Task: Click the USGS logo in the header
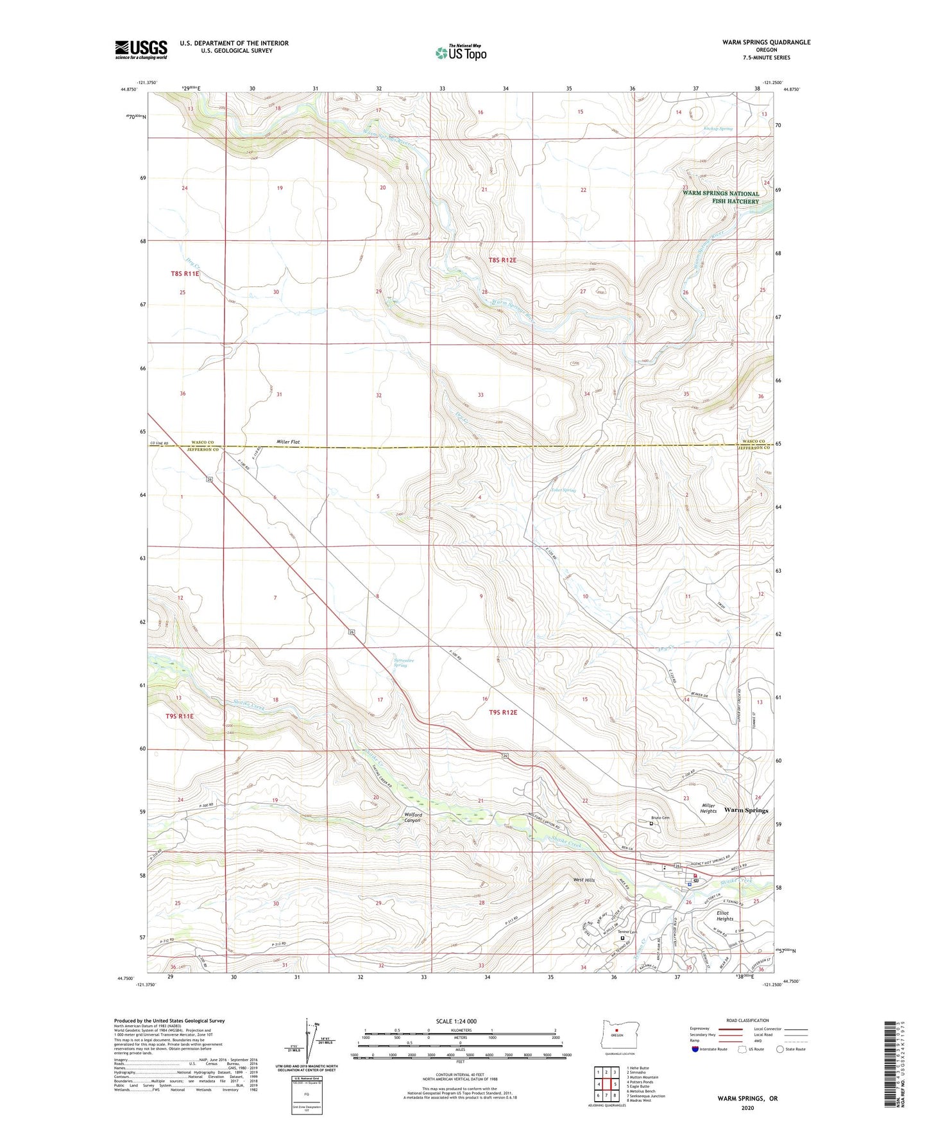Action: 141,49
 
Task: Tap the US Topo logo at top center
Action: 461,53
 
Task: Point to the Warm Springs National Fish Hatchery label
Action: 720,197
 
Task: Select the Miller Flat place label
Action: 288,442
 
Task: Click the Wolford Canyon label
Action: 412,818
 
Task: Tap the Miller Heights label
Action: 708,808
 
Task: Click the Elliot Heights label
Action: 724,916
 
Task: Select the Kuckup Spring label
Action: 718,128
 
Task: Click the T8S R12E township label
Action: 502,260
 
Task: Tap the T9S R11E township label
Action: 180,716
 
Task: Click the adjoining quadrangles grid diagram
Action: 606,1084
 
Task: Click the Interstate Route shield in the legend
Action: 695,1049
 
